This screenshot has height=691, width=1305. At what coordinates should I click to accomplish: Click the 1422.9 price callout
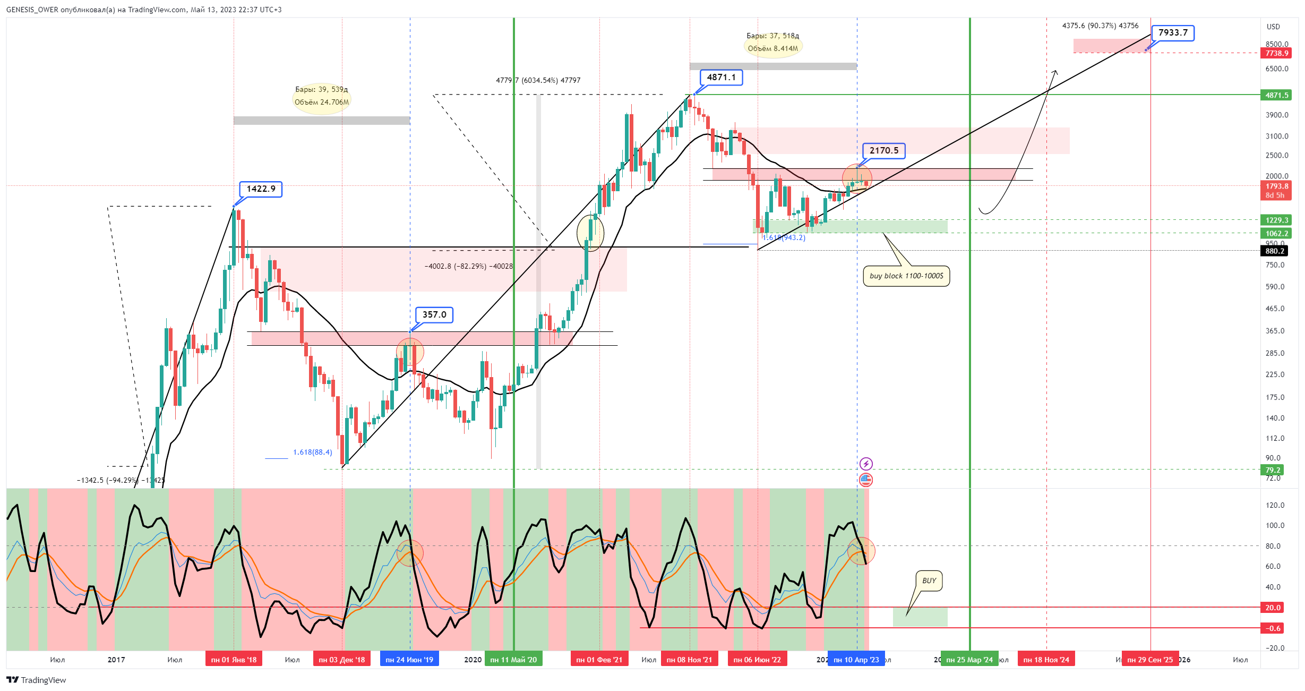(261, 189)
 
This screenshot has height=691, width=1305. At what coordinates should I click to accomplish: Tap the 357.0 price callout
(434, 315)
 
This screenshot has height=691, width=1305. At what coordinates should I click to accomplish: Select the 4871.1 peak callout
(721, 78)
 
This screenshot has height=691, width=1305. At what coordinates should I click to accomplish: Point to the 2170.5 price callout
(883, 151)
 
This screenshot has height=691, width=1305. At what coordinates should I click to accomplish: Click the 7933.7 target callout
(1172, 33)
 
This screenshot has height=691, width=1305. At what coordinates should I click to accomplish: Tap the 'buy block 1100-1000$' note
(906, 276)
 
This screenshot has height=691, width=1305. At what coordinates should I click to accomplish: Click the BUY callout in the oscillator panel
(929, 581)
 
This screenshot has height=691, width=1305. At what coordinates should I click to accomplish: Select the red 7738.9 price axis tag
(1276, 53)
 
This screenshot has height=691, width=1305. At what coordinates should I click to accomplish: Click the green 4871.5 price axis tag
(1276, 95)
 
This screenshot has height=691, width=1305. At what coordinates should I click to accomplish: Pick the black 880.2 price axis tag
(1275, 251)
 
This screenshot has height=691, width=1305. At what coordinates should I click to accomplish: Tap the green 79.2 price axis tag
(1273, 470)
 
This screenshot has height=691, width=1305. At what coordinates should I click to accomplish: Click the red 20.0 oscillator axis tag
(1273, 608)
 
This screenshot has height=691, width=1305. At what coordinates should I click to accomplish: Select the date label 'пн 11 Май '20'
(513, 660)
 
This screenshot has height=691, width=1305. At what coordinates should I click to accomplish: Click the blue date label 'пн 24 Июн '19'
(409, 660)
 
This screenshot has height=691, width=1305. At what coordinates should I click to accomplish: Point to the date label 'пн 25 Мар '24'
(969, 660)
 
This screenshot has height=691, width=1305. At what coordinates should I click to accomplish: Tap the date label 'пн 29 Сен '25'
(1150, 660)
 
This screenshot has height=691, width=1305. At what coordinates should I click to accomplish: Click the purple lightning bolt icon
(866, 464)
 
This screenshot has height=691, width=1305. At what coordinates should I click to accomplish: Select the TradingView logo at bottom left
(36, 680)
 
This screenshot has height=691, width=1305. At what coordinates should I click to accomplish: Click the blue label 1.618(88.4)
(312, 453)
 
